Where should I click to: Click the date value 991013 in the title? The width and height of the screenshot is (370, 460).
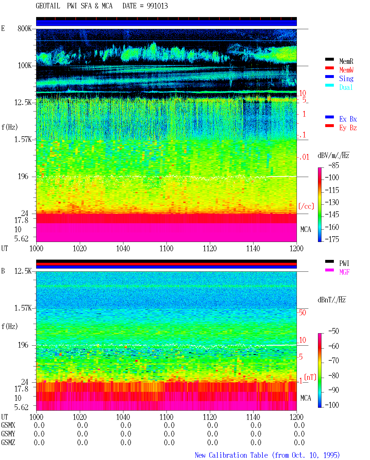pyautogui.click(x=157, y=6)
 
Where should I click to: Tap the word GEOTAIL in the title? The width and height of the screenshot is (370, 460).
pyautogui.click(x=48, y=6)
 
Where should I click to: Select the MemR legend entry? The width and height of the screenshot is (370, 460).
pyautogui.click(x=346, y=61)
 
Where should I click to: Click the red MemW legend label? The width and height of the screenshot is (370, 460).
pyautogui.click(x=346, y=70)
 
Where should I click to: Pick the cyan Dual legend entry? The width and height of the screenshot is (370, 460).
pyautogui.click(x=346, y=87)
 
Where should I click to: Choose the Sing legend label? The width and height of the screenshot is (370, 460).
pyautogui.click(x=346, y=79)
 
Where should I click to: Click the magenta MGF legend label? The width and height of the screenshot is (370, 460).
pyautogui.click(x=344, y=272)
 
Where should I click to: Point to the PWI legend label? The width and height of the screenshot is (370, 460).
pyautogui.click(x=344, y=263)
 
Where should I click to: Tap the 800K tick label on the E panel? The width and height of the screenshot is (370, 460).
pyautogui.click(x=25, y=28)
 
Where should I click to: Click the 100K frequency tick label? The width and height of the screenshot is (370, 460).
pyautogui.click(x=25, y=66)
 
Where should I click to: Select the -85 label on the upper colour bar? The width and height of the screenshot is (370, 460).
pyautogui.click(x=334, y=165)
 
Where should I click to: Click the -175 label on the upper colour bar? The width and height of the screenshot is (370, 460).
pyautogui.click(x=332, y=239)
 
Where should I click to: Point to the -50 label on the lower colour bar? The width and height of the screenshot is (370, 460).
pyautogui.click(x=334, y=331)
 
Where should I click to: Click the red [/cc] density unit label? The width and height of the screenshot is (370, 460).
pyautogui.click(x=306, y=206)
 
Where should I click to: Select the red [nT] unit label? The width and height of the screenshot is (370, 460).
pyautogui.click(x=310, y=377)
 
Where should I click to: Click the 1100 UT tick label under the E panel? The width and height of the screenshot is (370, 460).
pyautogui.click(x=166, y=249)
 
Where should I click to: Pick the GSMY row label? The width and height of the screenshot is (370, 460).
pyautogui.click(x=8, y=434)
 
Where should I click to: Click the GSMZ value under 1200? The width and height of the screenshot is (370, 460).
pyautogui.click(x=299, y=442)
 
